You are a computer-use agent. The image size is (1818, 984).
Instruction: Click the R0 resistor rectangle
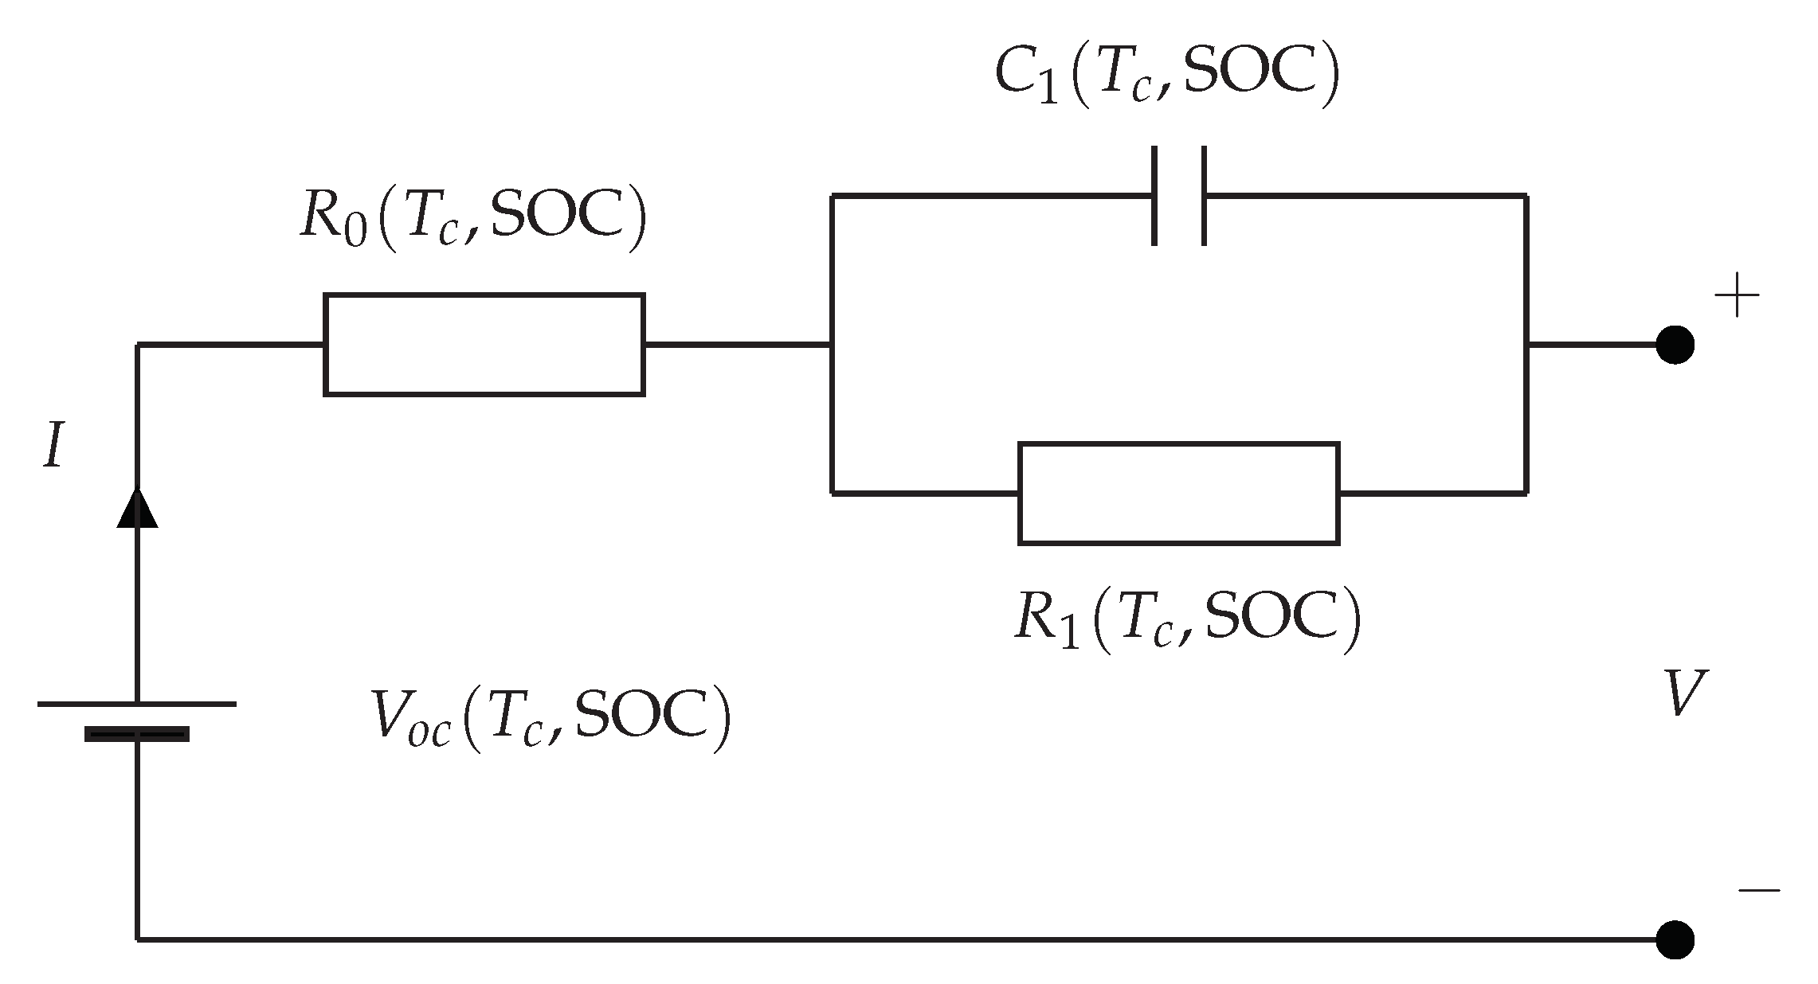pos(484,344)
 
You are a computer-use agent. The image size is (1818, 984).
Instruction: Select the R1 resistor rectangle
pos(1178,493)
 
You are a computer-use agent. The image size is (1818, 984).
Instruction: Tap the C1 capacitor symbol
pos(1178,195)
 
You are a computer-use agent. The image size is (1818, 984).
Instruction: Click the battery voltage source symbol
pos(137,719)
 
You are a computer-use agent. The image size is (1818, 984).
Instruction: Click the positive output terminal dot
pos(1675,345)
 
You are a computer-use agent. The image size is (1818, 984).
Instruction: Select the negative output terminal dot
pos(1675,939)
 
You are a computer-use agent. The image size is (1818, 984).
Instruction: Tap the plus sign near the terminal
pos(1737,296)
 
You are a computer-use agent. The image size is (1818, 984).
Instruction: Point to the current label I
pos(53,447)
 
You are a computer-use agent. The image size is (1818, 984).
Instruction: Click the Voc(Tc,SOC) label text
pos(550,719)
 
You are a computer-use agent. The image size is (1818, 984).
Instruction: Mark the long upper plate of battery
pos(137,704)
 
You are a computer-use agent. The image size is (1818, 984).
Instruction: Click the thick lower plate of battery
pos(137,734)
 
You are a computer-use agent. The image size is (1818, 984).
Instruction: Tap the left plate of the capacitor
pos(1154,195)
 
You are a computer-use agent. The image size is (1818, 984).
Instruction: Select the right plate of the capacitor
pos(1203,195)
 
